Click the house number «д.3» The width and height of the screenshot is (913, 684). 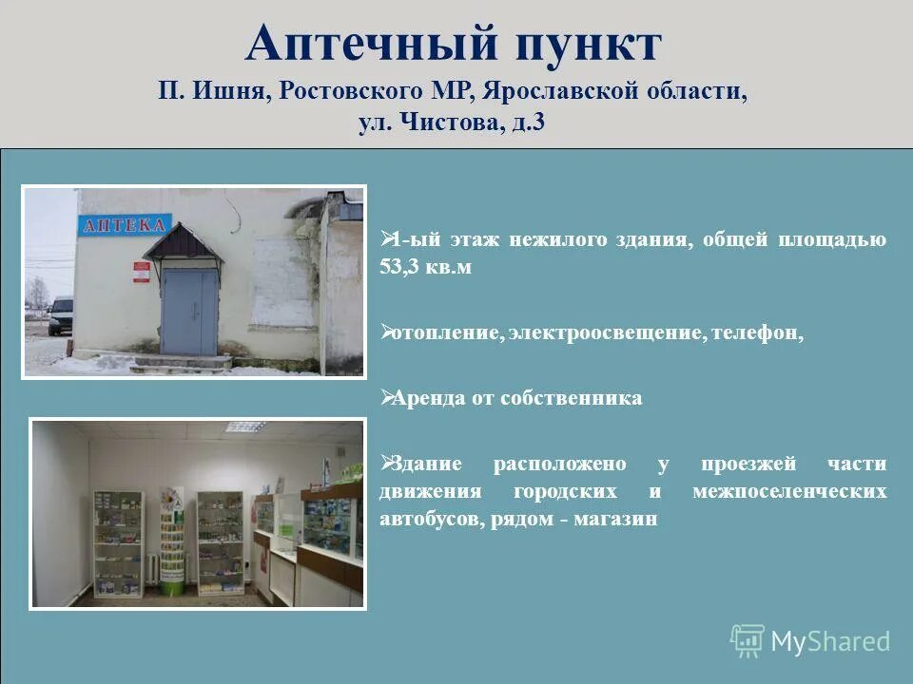[526, 123]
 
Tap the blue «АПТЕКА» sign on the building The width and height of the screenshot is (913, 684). [125, 226]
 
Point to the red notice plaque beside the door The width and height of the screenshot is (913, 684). [142, 273]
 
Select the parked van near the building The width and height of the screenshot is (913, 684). [61, 315]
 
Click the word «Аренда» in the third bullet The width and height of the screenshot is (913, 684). [425, 398]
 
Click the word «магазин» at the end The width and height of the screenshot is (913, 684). [619, 520]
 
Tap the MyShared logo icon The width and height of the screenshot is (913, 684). [748, 641]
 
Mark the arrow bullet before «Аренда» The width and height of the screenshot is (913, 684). [385, 395]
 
